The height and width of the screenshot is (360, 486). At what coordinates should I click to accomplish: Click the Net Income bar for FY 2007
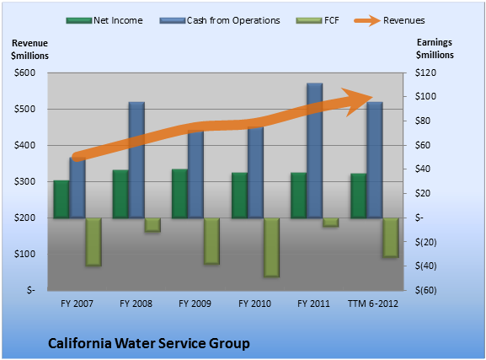61,199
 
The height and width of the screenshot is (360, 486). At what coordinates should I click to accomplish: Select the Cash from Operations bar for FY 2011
315,151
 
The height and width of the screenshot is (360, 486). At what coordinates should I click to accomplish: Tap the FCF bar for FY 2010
271,247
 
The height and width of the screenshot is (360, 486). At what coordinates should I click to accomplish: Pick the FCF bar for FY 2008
152,225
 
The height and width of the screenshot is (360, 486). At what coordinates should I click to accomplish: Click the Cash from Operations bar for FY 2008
136,160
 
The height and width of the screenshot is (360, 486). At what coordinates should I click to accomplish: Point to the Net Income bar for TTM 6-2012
359,196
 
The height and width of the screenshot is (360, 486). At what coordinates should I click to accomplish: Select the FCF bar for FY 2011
330,223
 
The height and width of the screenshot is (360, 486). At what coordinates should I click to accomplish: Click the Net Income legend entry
104,20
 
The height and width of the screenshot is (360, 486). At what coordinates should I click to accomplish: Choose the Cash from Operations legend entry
220,20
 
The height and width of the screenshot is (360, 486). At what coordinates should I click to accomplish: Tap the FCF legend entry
318,20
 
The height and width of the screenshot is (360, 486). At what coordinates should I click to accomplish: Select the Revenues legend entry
389,20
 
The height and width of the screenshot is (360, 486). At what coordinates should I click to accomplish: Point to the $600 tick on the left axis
24,73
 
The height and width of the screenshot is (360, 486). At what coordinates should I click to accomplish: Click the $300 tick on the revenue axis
24,181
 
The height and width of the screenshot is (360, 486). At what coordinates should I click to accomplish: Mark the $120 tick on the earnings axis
425,73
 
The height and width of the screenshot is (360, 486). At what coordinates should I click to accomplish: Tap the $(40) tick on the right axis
426,266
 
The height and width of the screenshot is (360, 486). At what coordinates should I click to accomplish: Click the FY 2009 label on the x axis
195,304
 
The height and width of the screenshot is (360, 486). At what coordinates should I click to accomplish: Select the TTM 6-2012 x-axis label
373,304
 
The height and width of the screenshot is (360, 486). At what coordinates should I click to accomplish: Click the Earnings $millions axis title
435,49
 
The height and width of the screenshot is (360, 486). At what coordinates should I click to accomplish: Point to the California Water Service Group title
149,343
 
